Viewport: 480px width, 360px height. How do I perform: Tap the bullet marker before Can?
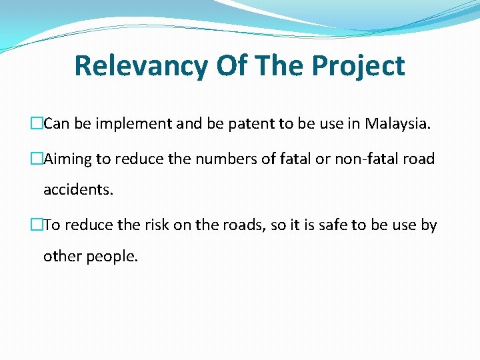tap(38, 123)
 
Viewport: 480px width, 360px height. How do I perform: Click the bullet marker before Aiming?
tap(38, 159)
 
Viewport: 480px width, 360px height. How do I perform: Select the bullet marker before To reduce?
tap(38, 225)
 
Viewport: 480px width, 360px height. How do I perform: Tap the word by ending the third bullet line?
tap(429, 225)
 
